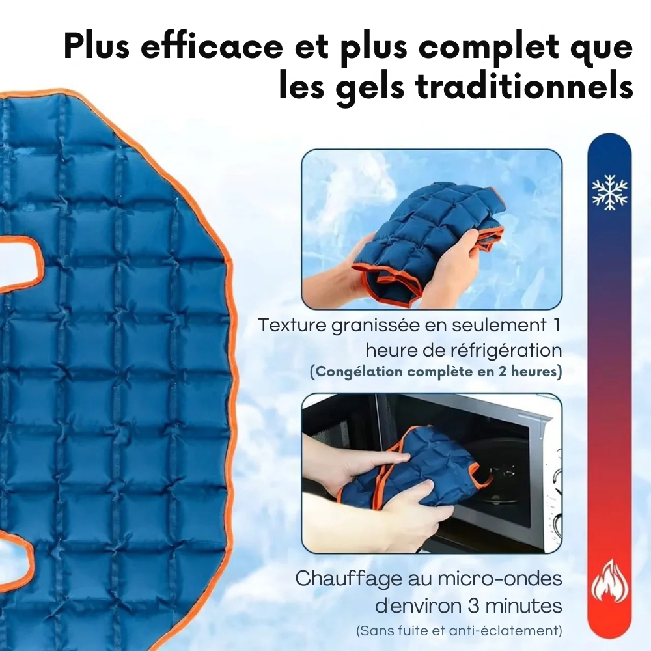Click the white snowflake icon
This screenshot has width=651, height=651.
[x=609, y=192]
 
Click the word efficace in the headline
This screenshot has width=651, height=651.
[x=212, y=46]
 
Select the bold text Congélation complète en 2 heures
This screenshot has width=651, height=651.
[x=436, y=371]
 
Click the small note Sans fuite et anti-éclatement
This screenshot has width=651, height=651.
[x=459, y=631]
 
